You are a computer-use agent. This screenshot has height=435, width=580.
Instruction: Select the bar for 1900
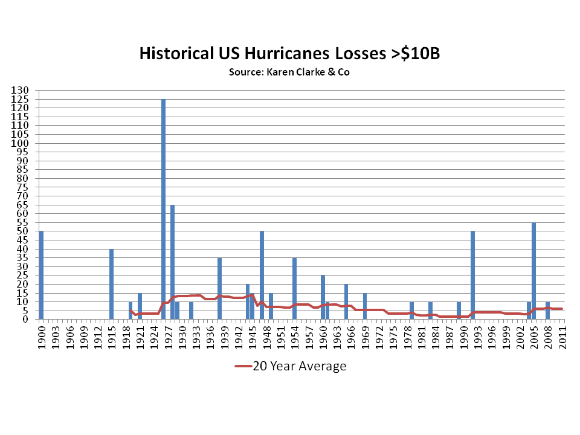point(41,275)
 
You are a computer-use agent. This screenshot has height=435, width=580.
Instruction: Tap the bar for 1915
point(112,284)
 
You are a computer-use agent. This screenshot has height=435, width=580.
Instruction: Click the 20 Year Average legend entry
point(290,366)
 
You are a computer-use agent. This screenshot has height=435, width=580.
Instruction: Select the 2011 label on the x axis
point(562,334)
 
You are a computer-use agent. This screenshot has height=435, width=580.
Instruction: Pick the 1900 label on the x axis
point(41,334)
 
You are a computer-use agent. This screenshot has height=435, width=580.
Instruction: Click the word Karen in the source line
point(279,72)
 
